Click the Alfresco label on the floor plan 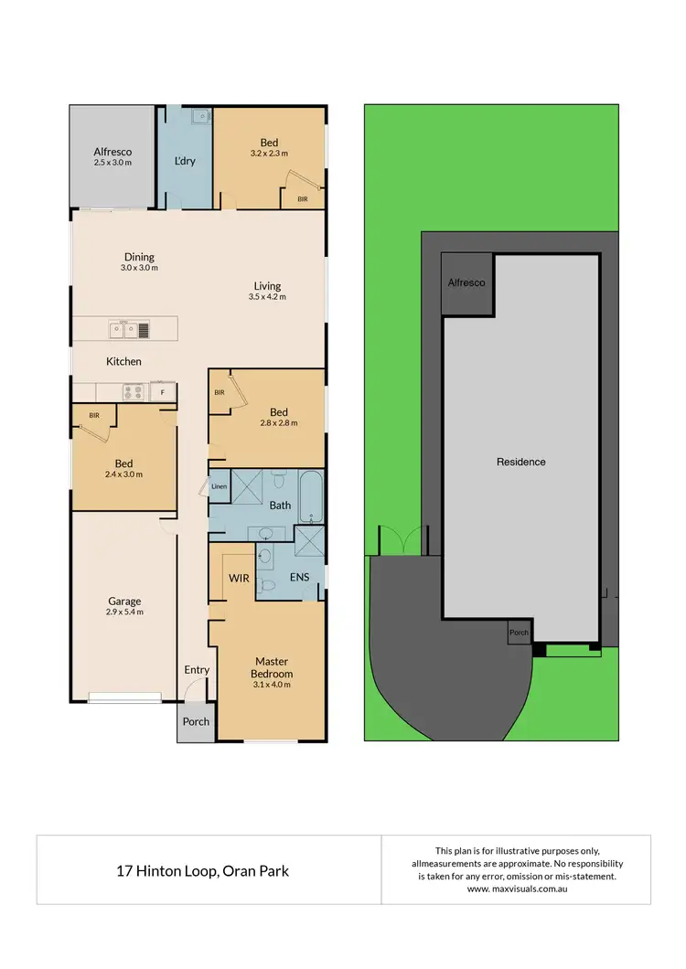tap(113, 152)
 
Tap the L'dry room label tap(185, 162)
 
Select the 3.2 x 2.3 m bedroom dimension tap(269, 154)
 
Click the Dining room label tap(140, 257)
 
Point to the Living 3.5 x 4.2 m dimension tap(267, 297)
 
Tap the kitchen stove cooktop tap(133, 392)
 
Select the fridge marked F tap(163, 392)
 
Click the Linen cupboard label tap(219, 486)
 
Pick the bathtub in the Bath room tap(311, 496)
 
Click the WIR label tap(240, 579)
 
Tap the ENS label tap(299, 579)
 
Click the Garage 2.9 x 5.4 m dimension tap(124, 612)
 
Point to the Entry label tap(197, 670)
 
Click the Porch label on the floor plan tap(196, 721)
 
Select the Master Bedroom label tap(272, 668)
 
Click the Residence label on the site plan tap(520, 462)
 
